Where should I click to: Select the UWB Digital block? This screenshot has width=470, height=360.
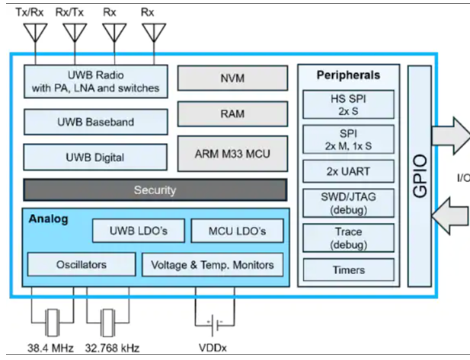96,158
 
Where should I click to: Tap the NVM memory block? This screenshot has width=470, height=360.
232,77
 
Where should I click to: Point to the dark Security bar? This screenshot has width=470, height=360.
155,190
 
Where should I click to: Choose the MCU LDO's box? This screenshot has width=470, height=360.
236,231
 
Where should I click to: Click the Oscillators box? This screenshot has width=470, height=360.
81,265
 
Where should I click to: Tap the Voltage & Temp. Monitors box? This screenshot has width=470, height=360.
213,265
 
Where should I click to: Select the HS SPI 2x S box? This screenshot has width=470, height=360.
349,104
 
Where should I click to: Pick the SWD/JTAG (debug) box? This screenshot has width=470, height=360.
349,202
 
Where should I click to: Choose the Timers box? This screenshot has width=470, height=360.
349,269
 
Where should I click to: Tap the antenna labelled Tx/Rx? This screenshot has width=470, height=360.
34,32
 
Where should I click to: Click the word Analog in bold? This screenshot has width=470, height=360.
48,219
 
